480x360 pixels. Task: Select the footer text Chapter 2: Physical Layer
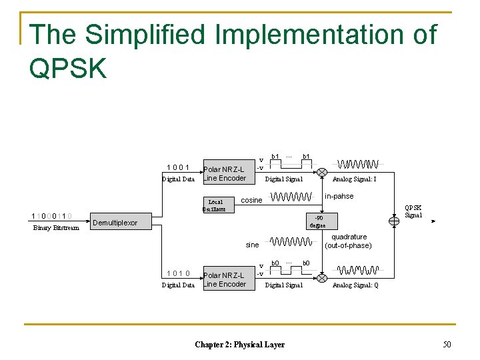click(x=239, y=345)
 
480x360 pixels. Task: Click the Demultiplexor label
click(x=115, y=223)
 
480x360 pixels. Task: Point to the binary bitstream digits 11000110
click(x=52, y=216)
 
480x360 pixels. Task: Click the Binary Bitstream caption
click(x=56, y=228)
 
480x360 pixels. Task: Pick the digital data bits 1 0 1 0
click(x=179, y=273)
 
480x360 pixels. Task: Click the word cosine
click(x=251, y=200)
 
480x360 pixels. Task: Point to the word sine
click(x=252, y=245)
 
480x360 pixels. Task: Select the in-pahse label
click(x=339, y=196)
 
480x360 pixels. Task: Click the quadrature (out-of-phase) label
click(x=349, y=241)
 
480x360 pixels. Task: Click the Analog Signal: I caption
click(x=355, y=179)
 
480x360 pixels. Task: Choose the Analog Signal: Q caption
click(x=355, y=285)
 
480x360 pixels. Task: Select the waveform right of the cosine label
click(x=291, y=197)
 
